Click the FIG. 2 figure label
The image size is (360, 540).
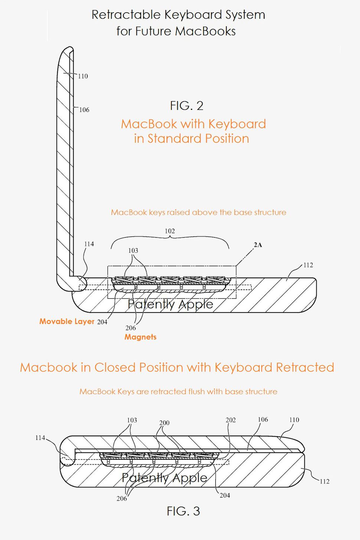coord(186,106)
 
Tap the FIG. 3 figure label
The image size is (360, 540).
coord(183,511)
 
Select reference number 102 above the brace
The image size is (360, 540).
coord(170,231)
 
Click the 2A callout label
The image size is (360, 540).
coord(258,245)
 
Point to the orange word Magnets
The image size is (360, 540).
coord(140,337)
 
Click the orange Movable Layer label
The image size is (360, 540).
coord(67,321)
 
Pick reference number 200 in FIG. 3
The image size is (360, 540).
coord(164,423)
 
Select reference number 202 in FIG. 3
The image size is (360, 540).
coord(230,420)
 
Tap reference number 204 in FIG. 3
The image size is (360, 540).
coord(225,495)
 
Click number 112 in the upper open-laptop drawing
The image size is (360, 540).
coord(308,265)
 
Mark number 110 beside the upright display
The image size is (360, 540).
coord(83,76)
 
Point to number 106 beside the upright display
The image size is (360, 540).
coord(84,110)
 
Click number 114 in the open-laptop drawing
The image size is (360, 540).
coord(89,244)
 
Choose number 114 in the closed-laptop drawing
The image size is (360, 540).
coord(40,438)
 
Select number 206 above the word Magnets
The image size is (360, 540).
coord(131,328)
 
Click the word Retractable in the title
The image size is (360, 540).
coord(126,15)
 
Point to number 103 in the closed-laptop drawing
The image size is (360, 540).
coord(132,420)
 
